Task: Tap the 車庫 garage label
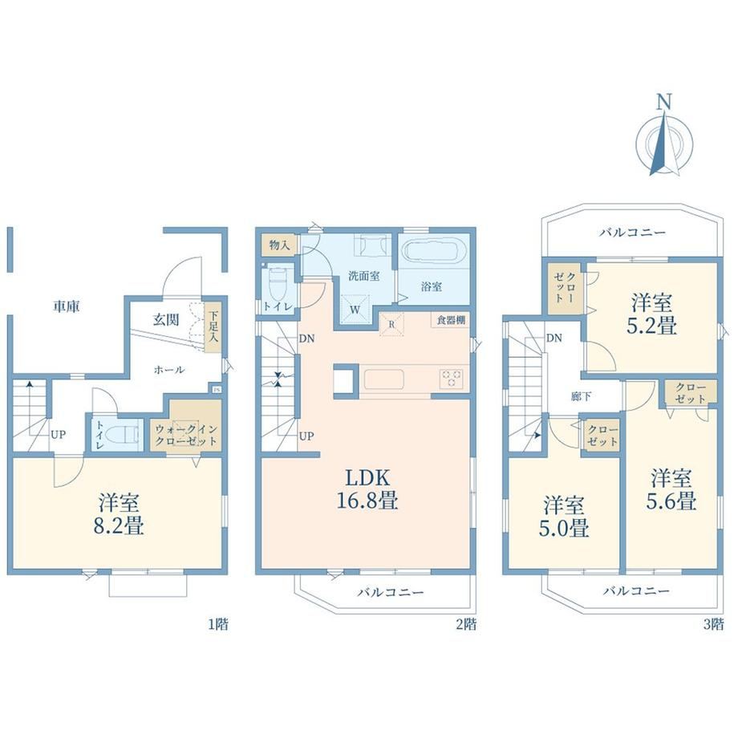pos(67,306)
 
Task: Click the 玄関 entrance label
pos(166,319)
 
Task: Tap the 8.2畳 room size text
pos(119,525)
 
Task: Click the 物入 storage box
pos(279,245)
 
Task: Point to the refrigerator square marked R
pos(391,324)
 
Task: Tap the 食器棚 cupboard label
pos(451,320)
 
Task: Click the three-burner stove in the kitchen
pos(452,379)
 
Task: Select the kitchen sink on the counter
pos(384,379)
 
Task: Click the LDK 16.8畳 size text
pos(367,489)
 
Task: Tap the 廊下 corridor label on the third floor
pos(581,396)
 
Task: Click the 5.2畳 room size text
pos(652,326)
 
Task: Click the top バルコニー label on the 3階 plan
pos(632,233)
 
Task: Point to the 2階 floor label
pos(466,624)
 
